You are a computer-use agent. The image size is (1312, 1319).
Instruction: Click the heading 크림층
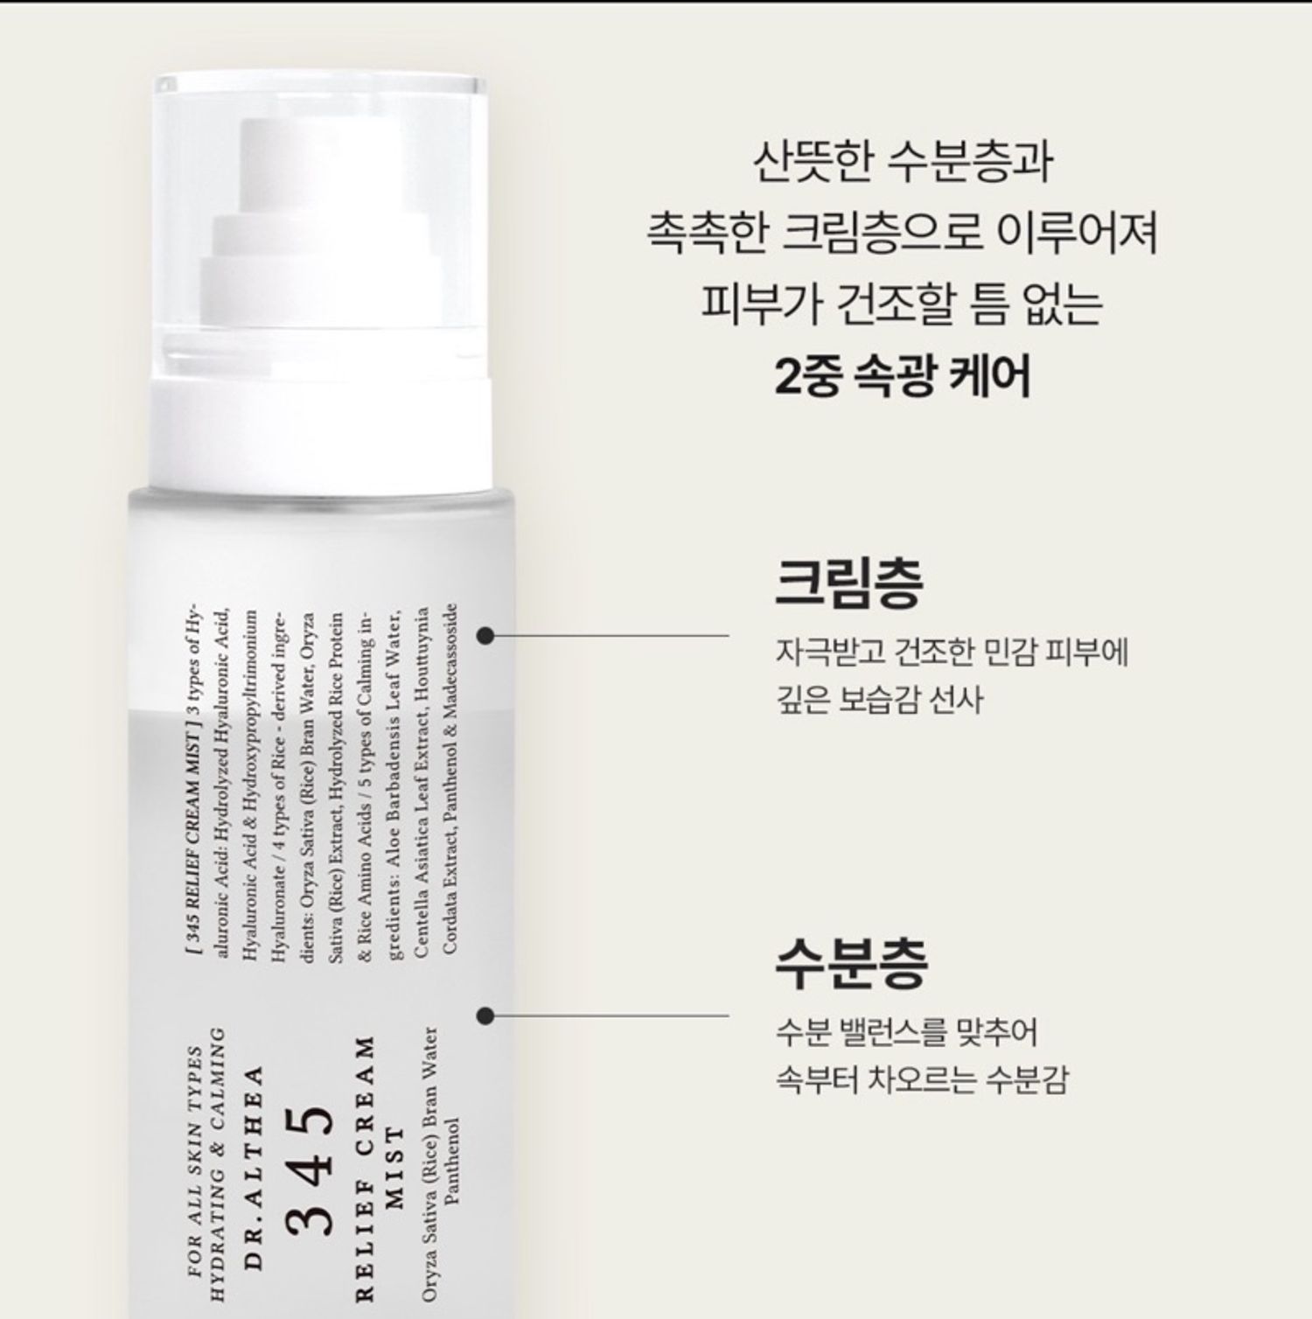click(x=848, y=582)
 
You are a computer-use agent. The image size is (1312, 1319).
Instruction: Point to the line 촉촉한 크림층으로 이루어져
click(x=903, y=233)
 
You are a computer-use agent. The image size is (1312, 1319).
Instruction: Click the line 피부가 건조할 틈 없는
click(x=903, y=304)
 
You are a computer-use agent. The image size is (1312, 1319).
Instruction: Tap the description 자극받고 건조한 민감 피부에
click(x=952, y=653)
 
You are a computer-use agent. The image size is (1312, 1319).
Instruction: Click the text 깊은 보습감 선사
click(x=879, y=699)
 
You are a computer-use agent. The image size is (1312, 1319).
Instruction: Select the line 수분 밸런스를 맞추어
click(x=906, y=1032)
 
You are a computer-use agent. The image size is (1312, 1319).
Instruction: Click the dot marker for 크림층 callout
click(x=486, y=636)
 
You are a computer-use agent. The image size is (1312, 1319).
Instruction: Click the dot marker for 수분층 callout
click(x=486, y=1015)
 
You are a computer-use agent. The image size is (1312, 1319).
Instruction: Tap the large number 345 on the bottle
click(x=311, y=1170)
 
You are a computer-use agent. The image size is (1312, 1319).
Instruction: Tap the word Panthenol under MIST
click(x=451, y=1161)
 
